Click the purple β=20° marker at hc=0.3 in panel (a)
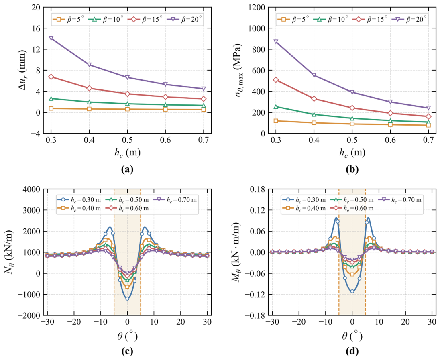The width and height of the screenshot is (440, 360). pos(51,39)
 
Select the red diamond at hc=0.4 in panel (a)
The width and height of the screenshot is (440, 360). pos(89,88)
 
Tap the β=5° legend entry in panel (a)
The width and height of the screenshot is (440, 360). pos(68,19)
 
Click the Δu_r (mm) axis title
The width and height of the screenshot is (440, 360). pos(22,70)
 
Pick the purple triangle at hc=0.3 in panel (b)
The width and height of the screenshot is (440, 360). pos(276,42)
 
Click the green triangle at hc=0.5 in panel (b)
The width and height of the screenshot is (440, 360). pos(352,118)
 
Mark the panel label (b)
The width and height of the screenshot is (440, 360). pos(352,169)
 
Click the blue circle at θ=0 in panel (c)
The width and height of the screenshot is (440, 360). pos(127,299)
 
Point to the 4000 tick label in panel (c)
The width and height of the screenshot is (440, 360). pos(32,189)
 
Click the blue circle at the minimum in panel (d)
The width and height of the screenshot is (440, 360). pos(352,291)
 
